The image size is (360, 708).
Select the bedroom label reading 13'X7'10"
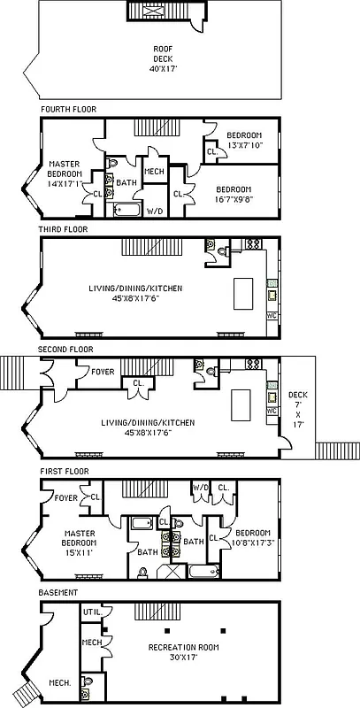pyautogui.click(x=241, y=140)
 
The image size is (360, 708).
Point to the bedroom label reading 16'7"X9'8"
pyautogui.click(x=234, y=194)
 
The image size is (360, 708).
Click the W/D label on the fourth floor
pyautogui.click(x=154, y=212)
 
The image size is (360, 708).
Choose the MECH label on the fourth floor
pyautogui.click(x=154, y=172)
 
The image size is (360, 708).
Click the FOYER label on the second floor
pyautogui.click(x=103, y=372)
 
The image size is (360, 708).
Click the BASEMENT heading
pyautogui.click(x=58, y=592)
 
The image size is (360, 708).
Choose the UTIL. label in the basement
pyautogui.click(x=92, y=612)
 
